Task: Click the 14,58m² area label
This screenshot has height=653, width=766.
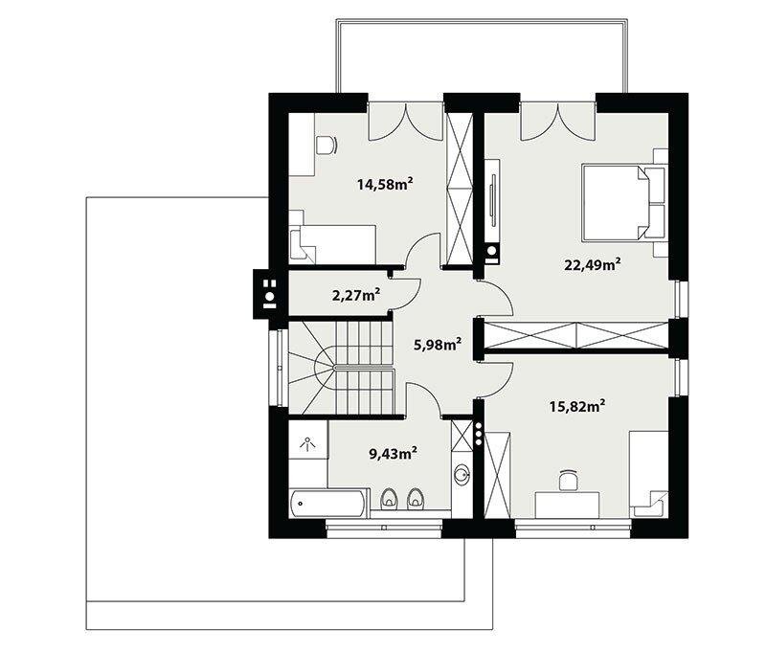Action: tap(385, 185)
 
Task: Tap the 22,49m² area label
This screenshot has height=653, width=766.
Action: tap(593, 264)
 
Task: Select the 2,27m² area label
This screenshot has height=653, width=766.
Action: tap(356, 296)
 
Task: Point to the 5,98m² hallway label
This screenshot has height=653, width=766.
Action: tap(439, 345)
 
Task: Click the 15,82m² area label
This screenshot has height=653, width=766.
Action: tap(578, 406)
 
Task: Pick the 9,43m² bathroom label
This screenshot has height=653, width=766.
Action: tap(393, 454)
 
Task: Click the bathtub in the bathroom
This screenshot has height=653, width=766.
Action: tap(327, 503)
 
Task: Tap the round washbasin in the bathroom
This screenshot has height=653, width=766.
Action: tap(462, 474)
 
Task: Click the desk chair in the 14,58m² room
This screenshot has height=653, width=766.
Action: tap(327, 145)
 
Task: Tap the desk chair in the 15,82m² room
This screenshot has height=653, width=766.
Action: tap(568, 480)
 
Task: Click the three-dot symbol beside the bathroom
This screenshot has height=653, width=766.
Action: tap(479, 434)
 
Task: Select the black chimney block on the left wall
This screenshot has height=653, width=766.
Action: tap(265, 294)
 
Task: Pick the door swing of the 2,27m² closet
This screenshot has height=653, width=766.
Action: tap(404, 294)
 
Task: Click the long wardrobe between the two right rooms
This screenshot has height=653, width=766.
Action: tap(576, 335)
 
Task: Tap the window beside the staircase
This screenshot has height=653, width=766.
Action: tap(280, 368)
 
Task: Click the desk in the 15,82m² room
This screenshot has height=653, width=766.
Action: tap(567, 505)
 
